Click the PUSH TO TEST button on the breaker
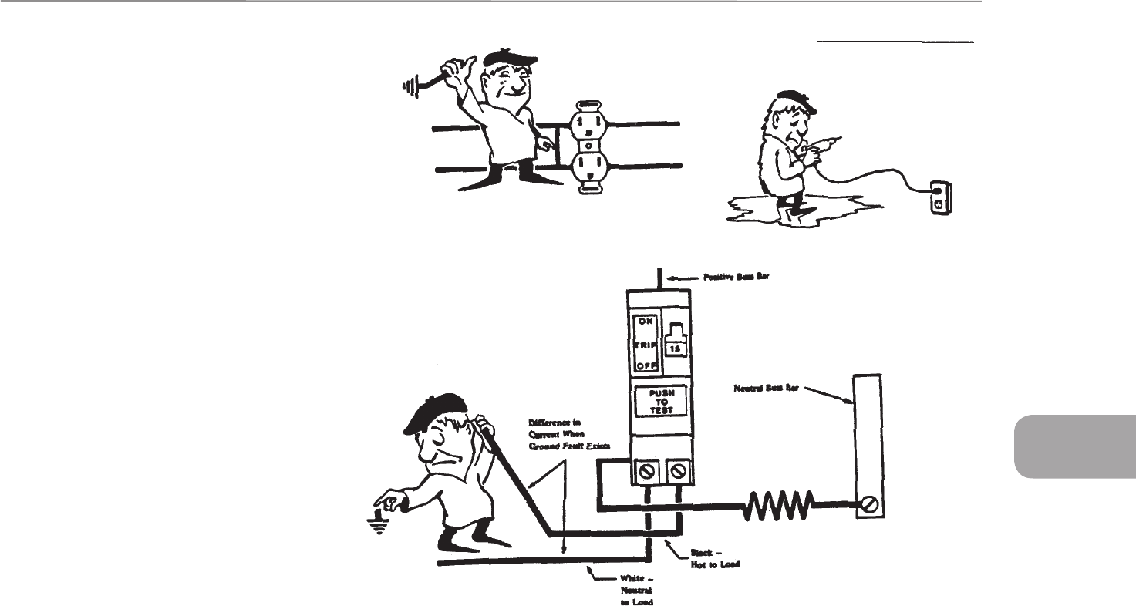coord(656,401)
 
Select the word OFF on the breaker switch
coord(645,367)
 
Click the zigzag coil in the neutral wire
coord(778,507)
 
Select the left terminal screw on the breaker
coord(646,470)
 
